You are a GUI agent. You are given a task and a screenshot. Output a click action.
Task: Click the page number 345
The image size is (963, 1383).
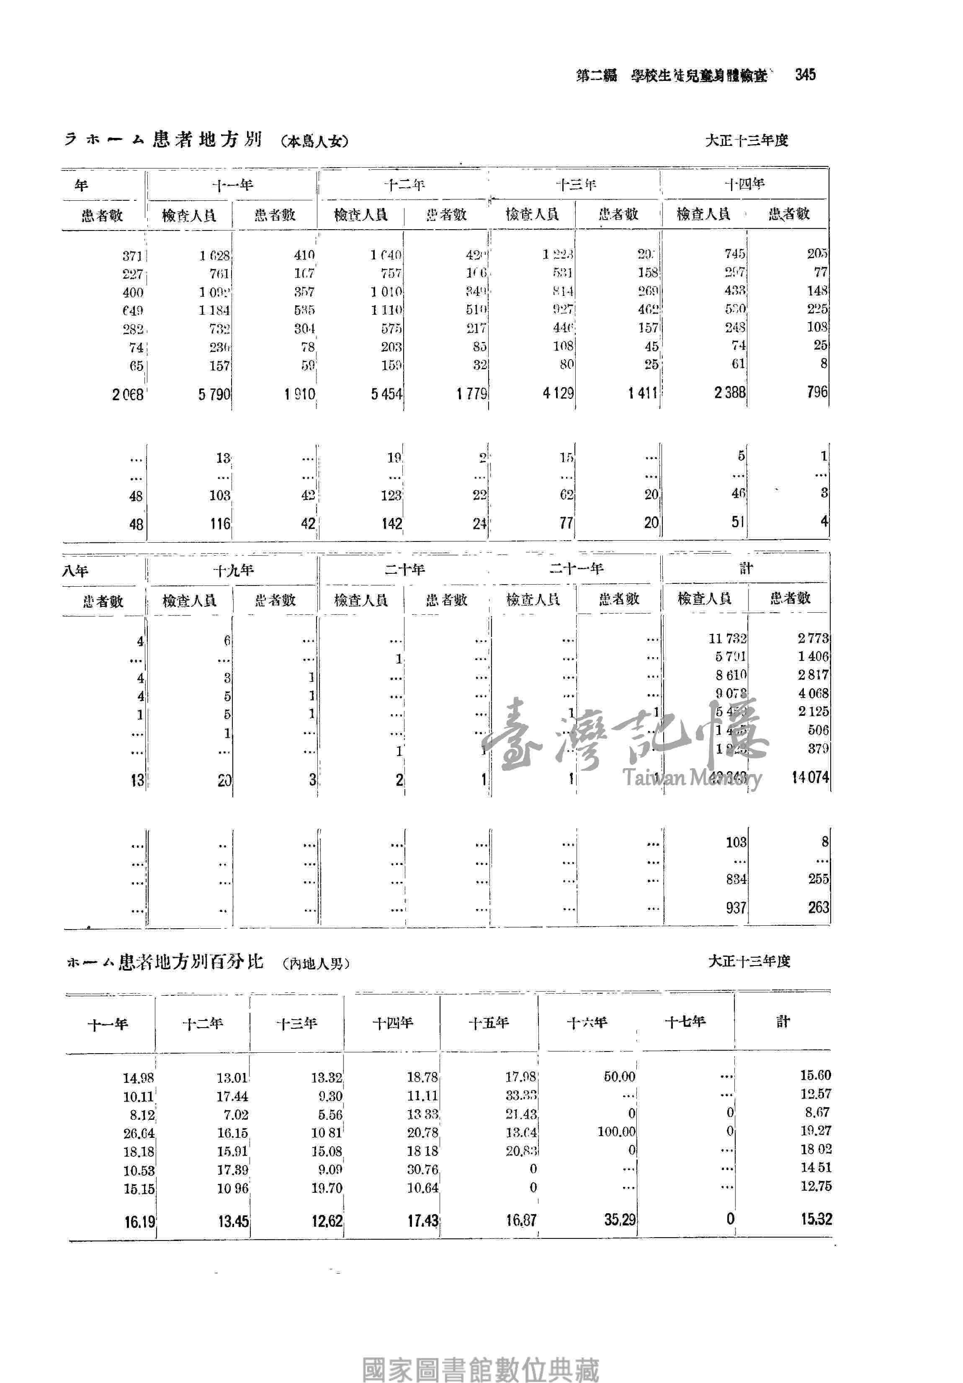805,75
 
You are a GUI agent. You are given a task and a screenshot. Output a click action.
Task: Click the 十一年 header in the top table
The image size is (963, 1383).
232,185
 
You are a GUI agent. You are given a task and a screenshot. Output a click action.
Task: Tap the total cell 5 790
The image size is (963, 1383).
214,394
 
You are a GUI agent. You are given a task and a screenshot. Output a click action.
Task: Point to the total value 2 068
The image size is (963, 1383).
128,394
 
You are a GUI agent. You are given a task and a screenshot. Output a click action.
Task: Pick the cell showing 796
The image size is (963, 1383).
817,392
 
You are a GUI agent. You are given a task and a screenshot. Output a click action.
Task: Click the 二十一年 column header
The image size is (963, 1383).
576,568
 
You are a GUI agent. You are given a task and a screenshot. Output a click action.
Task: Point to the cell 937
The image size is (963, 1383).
736,908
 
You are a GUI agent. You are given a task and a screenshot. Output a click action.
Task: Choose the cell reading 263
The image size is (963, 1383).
818,907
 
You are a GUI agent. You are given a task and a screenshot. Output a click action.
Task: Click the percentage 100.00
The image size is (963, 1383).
616,1132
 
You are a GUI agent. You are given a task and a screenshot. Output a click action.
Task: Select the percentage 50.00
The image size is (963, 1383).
619,1076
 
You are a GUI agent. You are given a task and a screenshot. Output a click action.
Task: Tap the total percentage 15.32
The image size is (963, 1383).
816,1219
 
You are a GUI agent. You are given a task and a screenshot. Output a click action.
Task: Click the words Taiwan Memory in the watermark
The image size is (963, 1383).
692,778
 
